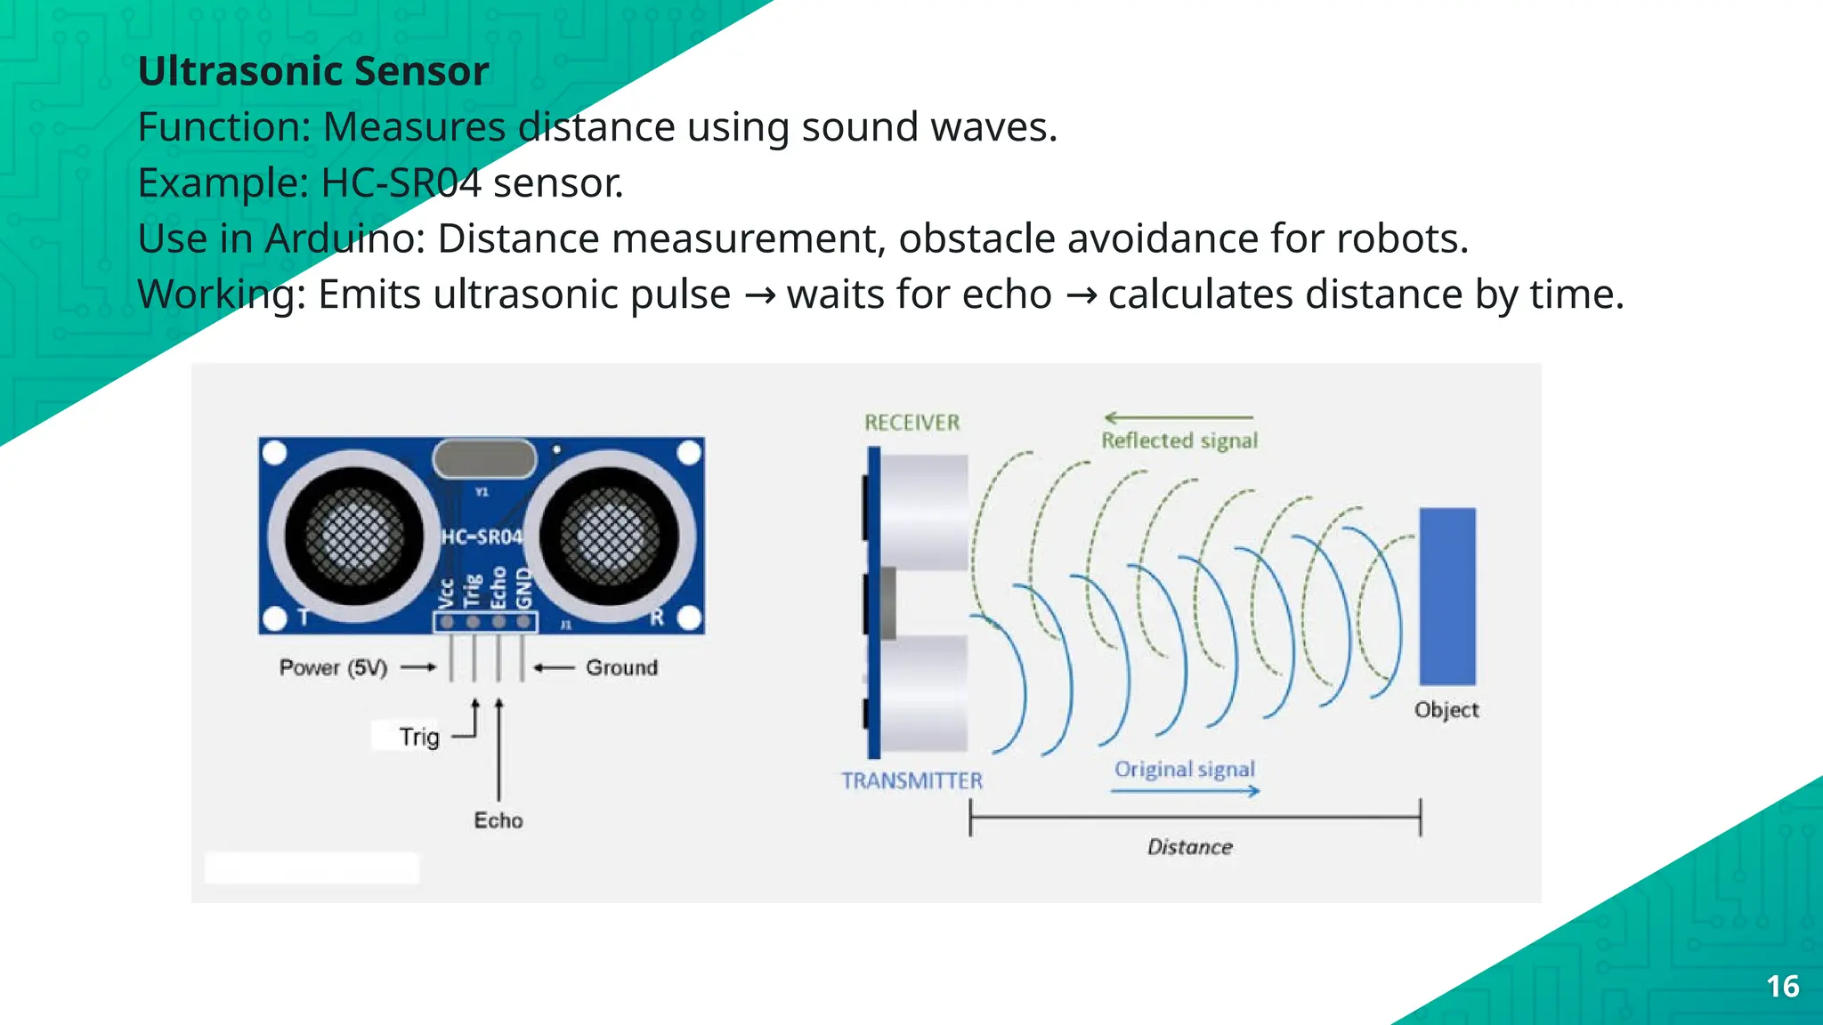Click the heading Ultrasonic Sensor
click(313, 71)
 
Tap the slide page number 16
click(1782, 987)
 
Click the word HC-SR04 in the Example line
click(401, 183)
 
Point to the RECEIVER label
click(912, 423)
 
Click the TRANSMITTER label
click(912, 780)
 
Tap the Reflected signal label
click(1179, 440)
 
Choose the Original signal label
click(1185, 769)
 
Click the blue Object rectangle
click(1447, 596)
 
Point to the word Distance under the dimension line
click(1190, 847)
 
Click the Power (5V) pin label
click(334, 667)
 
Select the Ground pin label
click(622, 667)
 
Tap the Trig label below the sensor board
click(419, 737)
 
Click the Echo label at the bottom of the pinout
click(498, 820)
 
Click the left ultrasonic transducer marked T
click(354, 536)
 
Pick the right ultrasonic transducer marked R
click(611, 536)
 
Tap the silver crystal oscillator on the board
click(484, 459)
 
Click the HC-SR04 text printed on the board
click(482, 537)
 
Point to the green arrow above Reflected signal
click(1179, 417)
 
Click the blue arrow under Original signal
click(1186, 791)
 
